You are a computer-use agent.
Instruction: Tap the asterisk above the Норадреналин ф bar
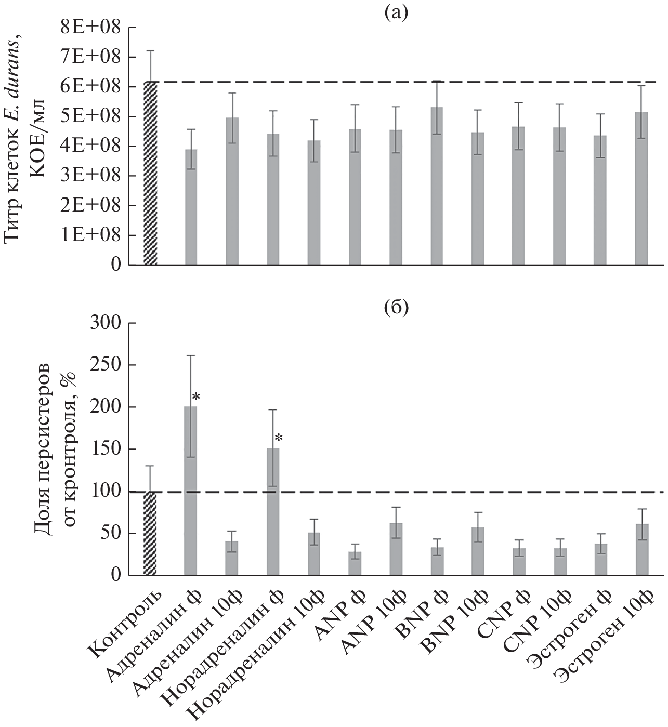click(278, 438)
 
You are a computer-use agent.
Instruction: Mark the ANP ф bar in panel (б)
click(355, 563)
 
